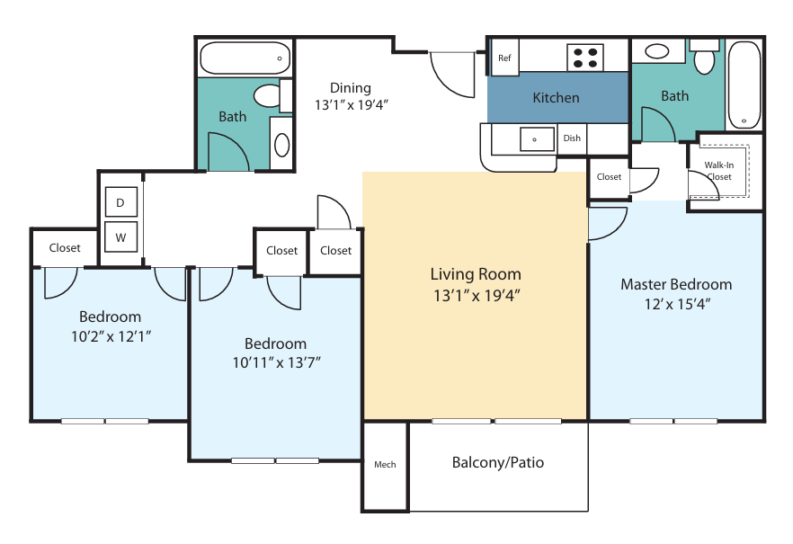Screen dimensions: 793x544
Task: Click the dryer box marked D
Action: [120, 202]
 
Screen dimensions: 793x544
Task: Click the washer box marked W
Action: [120, 236]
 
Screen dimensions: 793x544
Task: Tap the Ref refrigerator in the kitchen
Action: [504, 58]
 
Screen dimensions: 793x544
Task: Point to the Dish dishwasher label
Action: [572, 138]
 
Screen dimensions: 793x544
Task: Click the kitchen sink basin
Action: [537, 138]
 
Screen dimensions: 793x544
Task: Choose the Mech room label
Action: [385, 464]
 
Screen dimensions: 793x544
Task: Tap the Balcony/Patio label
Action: [498, 462]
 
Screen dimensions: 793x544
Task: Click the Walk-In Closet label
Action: [718, 171]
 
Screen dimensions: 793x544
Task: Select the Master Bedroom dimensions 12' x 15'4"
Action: [677, 304]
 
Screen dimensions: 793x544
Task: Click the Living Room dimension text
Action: [477, 295]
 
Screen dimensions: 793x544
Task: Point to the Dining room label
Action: [351, 88]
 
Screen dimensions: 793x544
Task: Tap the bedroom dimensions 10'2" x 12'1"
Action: [111, 336]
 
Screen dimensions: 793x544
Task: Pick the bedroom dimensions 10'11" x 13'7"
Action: [276, 362]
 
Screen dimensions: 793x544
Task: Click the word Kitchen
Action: [556, 98]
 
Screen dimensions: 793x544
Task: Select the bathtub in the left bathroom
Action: [245, 58]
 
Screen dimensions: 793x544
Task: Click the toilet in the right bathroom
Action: [705, 58]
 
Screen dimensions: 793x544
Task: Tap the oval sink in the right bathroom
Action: [657, 51]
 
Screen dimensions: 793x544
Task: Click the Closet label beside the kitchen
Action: [609, 177]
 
